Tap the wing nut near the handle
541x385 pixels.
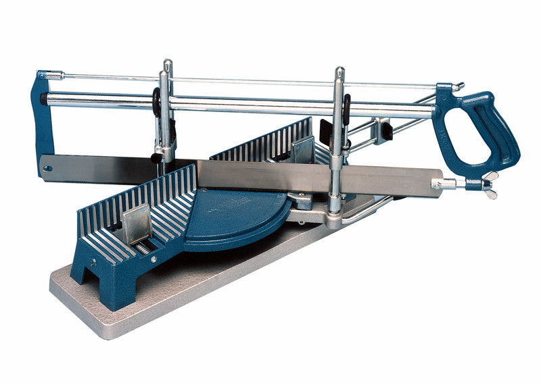pyautogui.click(x=488, y=184)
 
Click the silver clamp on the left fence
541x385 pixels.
pyautogui.click(x=139, y=223)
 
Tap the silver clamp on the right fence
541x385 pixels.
pyautogui.click(x=302, y=149)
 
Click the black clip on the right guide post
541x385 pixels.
pyautogui.click(x=346, y=108)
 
